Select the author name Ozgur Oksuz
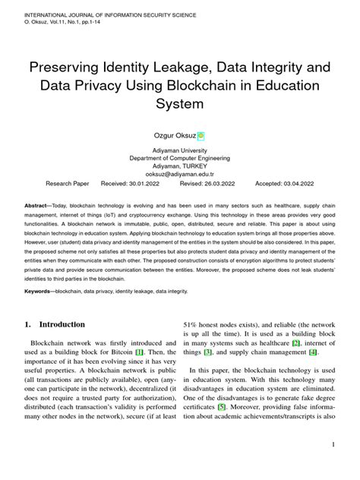(x=174, y=136)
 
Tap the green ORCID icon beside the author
(x=201, y=137)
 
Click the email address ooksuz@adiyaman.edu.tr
(x=180, y=173)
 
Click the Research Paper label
(x=67, y=184)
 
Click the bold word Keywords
(x=38, y=291)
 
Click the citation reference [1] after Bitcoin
(x=139, y=353)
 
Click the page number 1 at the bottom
(x=333, y=444)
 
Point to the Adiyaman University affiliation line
(x=180, y=150)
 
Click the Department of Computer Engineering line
(x=180, y=158)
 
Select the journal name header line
(x=109, y=14)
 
